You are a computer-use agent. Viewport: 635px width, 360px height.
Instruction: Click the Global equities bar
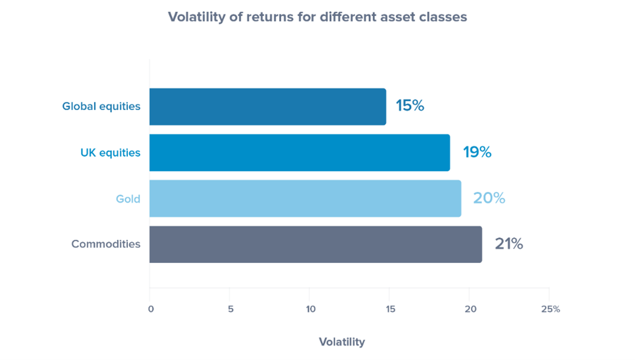pos(268,107)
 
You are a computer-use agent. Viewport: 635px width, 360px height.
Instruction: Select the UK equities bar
pos(300,153)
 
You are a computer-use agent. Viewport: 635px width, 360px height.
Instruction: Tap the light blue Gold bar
pos(305,198)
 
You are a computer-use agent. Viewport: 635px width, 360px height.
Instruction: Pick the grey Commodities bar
pos(316,244)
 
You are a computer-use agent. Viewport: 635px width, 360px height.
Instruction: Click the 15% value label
pos(410,106)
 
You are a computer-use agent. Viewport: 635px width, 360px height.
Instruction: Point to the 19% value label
pos(477,152)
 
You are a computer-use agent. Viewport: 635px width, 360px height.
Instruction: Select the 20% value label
pos(489,198)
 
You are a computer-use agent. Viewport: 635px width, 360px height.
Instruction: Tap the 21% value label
pos(509,244)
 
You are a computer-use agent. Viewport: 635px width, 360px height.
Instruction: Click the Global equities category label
pos(101,107)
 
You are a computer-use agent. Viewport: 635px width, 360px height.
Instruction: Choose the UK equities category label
pos(110,153)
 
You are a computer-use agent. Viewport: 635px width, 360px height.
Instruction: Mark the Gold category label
pos(128,199)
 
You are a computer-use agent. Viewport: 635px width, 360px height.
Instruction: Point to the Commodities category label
pos(105,244)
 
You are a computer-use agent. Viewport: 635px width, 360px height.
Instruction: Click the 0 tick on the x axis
pos(151,310)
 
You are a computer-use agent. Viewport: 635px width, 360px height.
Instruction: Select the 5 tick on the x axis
pos(230,310)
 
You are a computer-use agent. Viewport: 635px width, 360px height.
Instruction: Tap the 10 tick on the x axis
pos(310,310)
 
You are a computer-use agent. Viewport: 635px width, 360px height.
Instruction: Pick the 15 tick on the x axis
pos(390,310)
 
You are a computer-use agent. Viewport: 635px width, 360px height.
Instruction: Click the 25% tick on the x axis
pos(551,310)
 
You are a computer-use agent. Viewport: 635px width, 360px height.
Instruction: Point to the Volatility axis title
pos(342,342)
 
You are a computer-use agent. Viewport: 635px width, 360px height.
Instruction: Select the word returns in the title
pos(269,17)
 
